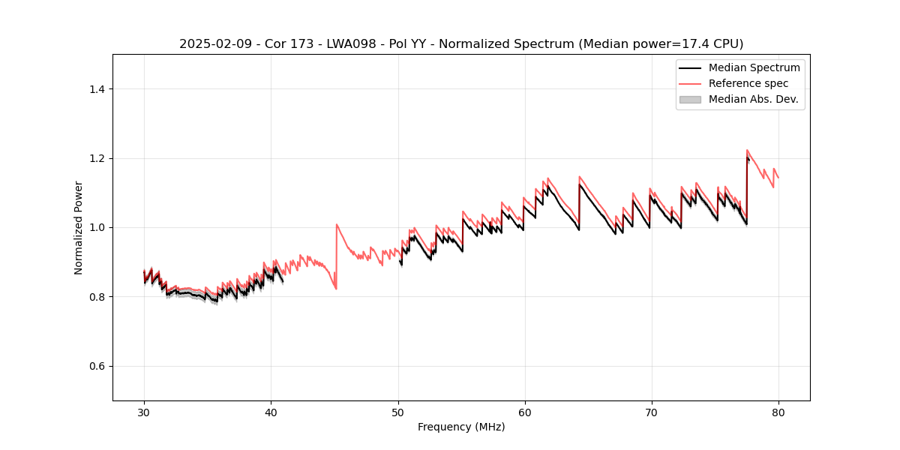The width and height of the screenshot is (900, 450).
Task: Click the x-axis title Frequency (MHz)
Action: pyautogui.click(x=461, y=427)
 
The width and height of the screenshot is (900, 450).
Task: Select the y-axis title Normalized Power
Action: pyautogui.click(x=79, y=227)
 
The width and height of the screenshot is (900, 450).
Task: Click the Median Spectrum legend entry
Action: pyautogui.click(x=754, y=67)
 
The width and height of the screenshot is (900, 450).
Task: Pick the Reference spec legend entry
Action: pyautogui.click(x=748, y=83)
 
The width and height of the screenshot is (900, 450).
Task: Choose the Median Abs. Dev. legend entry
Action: pyautogui.click(x=753, y=99)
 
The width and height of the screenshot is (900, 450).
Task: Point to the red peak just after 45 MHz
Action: pyautogui.click(x=337, y=224)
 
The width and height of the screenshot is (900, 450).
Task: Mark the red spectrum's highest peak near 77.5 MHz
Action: pyautogui.click(x=747, y=150)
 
